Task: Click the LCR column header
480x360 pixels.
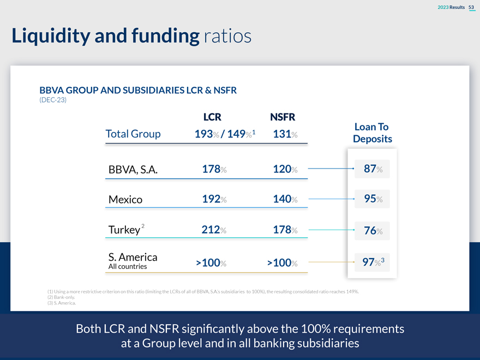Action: coord(212,117)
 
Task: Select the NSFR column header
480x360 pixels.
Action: coord(283,117)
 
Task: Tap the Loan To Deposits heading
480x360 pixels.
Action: coord(372,133)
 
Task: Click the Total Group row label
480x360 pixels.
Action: coord(133,134)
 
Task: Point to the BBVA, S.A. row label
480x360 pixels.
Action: coord(133,170)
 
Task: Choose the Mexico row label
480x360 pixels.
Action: coord(125,199)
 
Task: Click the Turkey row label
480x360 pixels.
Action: coord(125,230)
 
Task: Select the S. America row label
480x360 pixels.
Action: coord(133,257)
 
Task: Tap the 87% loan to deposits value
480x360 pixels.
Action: coord(373,169)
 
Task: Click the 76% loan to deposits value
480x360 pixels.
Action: coord(373,231)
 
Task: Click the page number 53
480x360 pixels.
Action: coord(471,6)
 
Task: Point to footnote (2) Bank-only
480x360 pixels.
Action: coord(61,297)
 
